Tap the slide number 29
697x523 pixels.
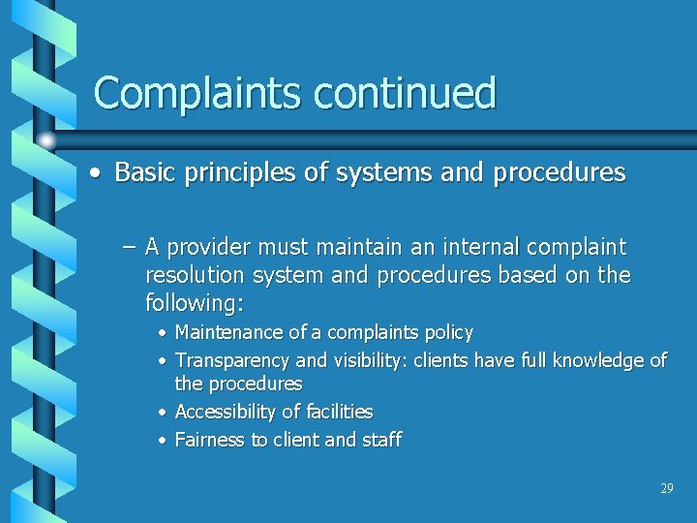[666, 489]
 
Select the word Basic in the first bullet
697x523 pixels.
[142, 172]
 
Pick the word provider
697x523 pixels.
[214, 248]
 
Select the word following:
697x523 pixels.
[194, 303]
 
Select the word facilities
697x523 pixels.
[337, 412]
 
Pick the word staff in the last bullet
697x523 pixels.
[381, 440]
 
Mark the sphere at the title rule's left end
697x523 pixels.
[46, 139]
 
